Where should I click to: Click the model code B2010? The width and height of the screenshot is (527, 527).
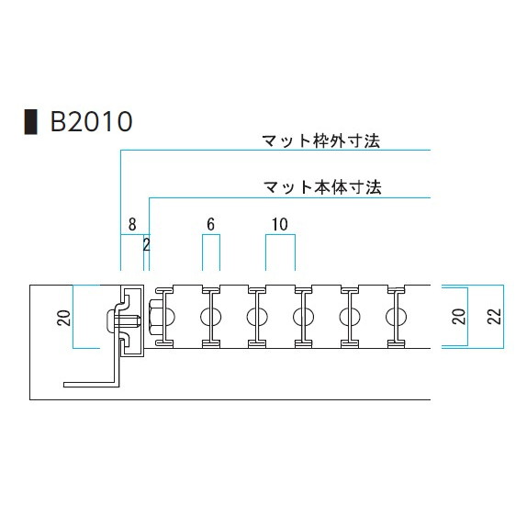point(91,121)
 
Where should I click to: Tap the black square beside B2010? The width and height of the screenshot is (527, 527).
point(30,122)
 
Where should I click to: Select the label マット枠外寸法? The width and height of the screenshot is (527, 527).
point(321,141)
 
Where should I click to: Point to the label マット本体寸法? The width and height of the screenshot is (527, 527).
point(322,187)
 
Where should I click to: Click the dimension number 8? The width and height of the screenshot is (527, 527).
point(132,225)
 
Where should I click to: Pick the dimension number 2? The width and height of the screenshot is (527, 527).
point(146,245)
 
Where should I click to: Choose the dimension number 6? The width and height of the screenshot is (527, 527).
point(211,225)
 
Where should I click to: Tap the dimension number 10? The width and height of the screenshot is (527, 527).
point(280,225)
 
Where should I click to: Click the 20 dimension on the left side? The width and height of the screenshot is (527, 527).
point(64,318)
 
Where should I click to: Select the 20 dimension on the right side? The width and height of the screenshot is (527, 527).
point(459,316)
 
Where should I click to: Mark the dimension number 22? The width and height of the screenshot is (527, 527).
point(494,316)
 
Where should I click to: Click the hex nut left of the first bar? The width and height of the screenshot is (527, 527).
point(155,317)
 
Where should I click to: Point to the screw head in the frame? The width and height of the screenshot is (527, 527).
point(111,319)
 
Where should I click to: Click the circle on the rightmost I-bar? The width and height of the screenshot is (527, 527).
point(396,317)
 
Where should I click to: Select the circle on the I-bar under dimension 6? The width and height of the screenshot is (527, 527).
point(211,317)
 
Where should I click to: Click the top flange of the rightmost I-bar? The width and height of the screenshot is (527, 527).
point(396,289)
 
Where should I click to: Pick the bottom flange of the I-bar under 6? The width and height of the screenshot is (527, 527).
point(211,343)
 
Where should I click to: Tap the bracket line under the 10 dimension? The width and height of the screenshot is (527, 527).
point(280,235)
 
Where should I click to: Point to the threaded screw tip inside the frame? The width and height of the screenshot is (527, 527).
point(136,321)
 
